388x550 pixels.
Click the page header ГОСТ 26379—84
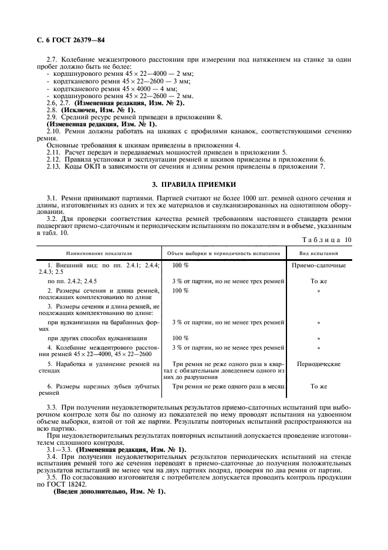(64, 39)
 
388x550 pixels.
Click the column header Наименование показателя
(99, 253)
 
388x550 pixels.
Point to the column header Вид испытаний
(319, 253)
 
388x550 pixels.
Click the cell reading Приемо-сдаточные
(319, 266)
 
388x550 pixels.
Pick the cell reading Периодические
(319, 364)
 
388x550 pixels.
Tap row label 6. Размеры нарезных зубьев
(99, 390)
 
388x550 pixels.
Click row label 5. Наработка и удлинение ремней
(99, 368)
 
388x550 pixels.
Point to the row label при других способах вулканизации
(97, 338)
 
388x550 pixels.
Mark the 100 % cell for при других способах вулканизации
(180, 338)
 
